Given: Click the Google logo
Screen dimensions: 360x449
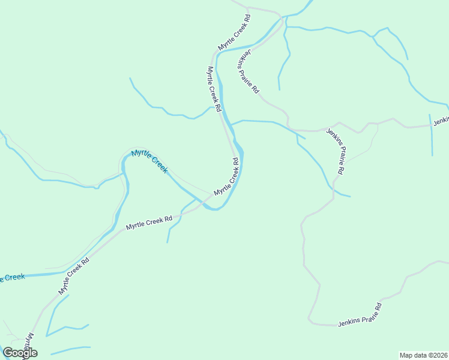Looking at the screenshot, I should tap(20, 353).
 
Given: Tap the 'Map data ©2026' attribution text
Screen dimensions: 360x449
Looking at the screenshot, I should tap(424, 355).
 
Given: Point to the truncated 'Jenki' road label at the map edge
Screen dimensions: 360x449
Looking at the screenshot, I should tap(441, 121).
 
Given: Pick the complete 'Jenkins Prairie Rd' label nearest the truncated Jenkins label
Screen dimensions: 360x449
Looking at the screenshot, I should tap(335, 151).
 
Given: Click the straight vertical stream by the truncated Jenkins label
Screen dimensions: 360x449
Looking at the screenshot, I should tap(431, 135).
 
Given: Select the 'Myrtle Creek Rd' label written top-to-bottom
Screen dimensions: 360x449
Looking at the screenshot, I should tap(215, 89).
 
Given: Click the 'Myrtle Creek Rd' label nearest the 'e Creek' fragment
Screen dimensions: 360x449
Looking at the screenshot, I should tap(74, 275).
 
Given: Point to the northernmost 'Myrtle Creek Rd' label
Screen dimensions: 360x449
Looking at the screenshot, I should tap(234, 32).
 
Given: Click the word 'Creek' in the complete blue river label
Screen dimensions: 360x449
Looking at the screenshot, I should tap(158, 165).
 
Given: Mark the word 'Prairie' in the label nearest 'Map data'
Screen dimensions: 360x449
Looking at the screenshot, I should tap(363, 313).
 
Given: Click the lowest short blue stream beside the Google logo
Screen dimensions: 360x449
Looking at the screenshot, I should tap(71, 349).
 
